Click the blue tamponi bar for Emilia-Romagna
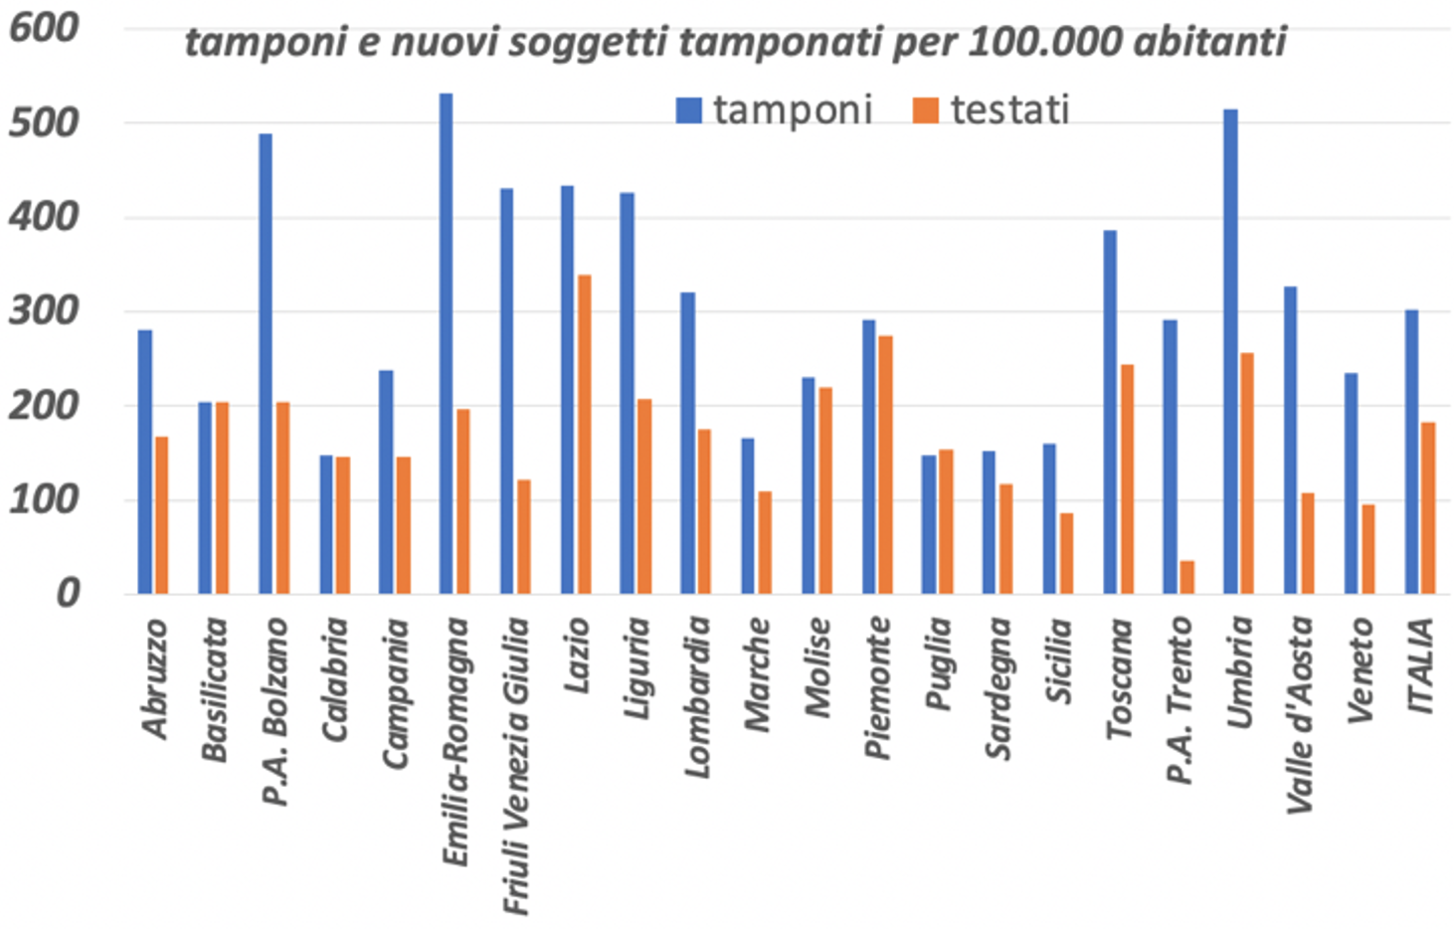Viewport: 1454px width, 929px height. point(446,343)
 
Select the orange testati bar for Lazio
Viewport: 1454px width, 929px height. point(584,435)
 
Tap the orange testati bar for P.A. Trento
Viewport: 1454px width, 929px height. point(1186,578)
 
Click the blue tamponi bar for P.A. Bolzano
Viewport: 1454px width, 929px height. point(266,364)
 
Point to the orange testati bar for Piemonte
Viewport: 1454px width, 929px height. point(885,464)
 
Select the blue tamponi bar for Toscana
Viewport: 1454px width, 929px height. point(1110,412)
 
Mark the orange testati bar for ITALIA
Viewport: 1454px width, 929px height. point(1428,508)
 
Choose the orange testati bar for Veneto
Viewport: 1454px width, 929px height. point(1368,549)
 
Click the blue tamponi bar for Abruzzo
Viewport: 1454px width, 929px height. point(145,462)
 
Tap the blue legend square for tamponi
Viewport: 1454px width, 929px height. point(688,109)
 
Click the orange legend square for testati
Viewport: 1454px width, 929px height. point(925,109)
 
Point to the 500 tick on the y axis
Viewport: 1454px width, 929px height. point(44,123)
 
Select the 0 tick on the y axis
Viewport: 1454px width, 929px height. point(67,594)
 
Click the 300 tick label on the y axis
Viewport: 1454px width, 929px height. point(44,311)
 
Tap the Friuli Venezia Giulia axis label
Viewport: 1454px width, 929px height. point(515,766)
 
